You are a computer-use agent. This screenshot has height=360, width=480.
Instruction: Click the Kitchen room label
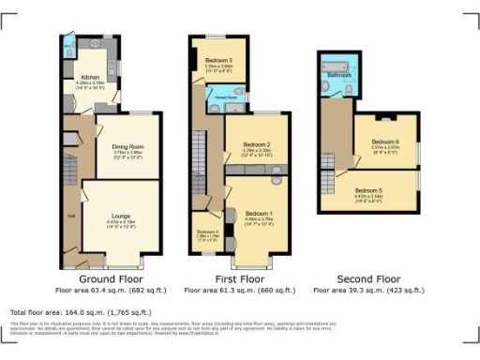tap(90, 78)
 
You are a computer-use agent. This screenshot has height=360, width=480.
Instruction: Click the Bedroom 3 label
tap(217, 59)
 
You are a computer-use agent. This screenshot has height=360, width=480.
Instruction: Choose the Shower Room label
tap(227, 95)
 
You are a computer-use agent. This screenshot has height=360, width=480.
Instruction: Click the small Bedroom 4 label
tap(207, 232)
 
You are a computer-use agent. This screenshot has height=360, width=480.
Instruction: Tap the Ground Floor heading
tap(109, 279)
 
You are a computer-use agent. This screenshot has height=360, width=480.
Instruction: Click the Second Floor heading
tap(368, 279)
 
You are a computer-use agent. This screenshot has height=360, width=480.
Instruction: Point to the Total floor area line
tap(81, 311)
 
